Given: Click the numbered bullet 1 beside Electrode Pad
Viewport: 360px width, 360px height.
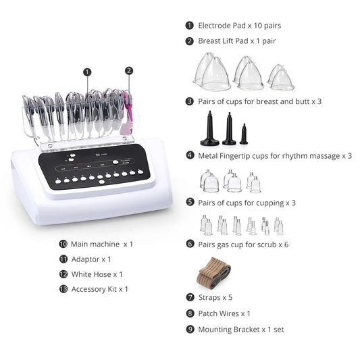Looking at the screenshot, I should (190, 26).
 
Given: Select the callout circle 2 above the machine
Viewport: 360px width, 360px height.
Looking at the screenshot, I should (129, 70).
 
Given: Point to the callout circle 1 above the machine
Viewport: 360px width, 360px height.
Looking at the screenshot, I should (87, 71).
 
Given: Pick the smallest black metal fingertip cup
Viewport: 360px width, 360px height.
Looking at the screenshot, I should (243, 134).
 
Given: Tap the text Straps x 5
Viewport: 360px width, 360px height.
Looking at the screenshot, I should (216, 297).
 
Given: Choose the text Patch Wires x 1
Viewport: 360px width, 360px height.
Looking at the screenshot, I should (224, 313).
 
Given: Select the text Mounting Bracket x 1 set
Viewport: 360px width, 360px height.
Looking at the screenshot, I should (237, 330).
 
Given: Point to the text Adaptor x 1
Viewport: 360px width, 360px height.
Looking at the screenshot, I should (91, 259).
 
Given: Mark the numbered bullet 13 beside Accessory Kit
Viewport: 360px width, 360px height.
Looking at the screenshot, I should (63, 289).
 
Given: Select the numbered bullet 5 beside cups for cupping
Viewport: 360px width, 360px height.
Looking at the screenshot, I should (190, 202).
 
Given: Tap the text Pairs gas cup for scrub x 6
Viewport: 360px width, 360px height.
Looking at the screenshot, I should (243, 244).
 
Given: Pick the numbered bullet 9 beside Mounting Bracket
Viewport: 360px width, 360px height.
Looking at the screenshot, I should (190, 330).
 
